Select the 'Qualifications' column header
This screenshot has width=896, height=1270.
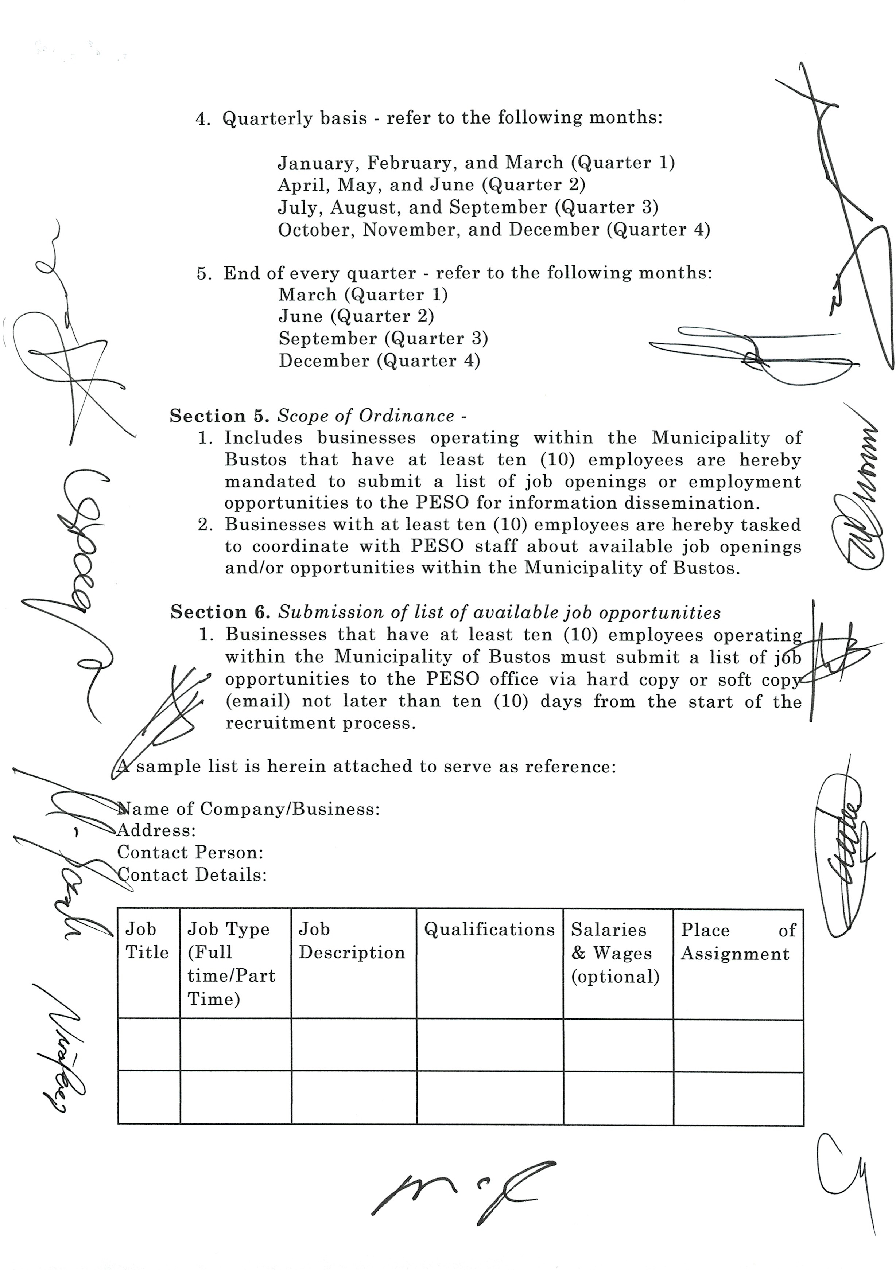tap(489, 930)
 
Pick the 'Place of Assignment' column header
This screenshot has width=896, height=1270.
tap(738, 942)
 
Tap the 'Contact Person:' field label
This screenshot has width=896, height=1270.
tap(190, 852)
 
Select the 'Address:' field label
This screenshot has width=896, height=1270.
tap(156, 830)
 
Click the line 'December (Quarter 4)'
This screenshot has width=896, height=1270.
tap(379, 361)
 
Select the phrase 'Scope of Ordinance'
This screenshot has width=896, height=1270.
tap(366, 416)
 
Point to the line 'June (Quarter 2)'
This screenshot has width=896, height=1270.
tap(356, 316)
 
